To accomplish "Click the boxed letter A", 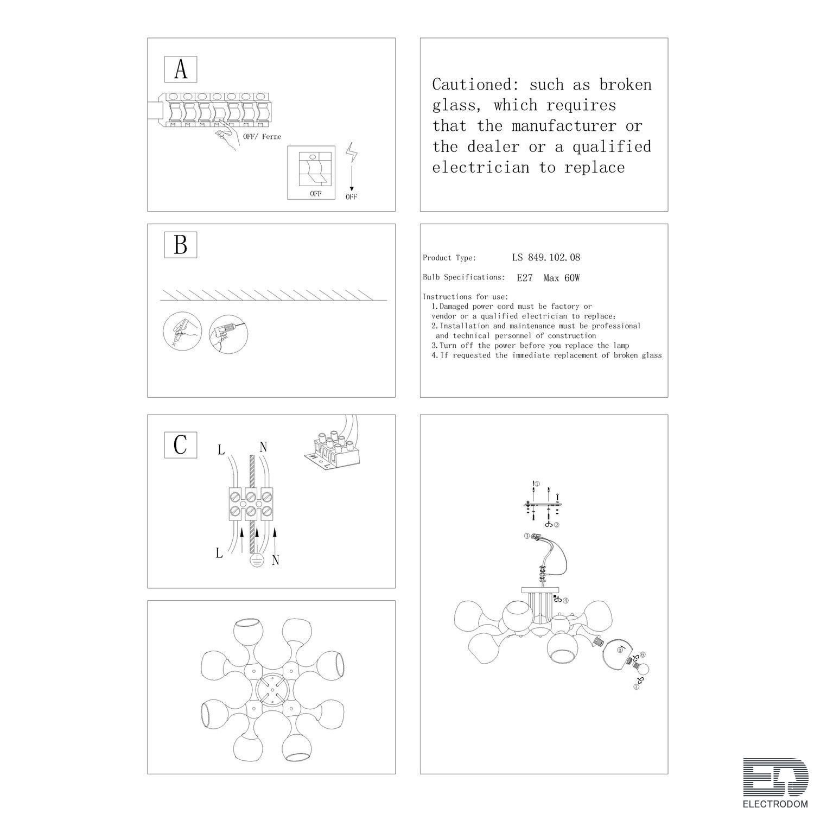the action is point(181,69).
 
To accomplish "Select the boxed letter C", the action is point(181,445).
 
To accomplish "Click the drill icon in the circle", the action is point(228,334).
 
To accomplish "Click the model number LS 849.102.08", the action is point(546,257).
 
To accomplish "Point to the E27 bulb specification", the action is point(524,278).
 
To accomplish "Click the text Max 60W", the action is point(562,278).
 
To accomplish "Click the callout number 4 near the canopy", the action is point(565,601).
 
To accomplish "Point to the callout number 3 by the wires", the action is point(527,536).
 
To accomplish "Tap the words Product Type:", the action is point(449,258).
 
